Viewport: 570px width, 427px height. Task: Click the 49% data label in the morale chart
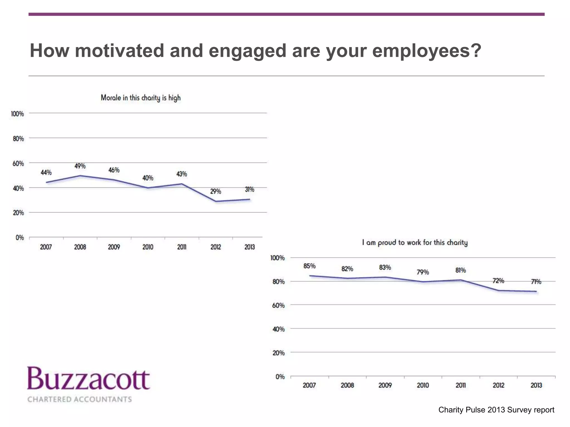80,166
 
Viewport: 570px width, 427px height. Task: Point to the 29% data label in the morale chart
215,192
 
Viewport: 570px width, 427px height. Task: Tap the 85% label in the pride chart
309,266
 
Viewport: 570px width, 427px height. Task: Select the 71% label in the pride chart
536,282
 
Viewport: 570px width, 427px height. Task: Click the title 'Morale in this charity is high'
141,98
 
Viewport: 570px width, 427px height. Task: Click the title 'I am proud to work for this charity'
415,243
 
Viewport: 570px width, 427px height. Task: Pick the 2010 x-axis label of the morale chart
148,247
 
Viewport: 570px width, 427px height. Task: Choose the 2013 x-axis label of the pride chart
536,385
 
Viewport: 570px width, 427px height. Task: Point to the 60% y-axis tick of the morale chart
18,163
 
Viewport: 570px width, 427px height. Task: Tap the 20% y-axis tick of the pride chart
279,353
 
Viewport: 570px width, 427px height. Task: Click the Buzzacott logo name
89,379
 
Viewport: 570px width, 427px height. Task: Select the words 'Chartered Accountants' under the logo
80,399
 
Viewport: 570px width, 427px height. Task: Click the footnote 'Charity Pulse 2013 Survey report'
496,410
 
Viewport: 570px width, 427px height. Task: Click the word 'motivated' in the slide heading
119,51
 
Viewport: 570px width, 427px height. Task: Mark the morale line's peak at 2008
80,176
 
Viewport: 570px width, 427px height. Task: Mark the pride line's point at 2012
498,291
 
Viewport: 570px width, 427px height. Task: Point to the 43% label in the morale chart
181,174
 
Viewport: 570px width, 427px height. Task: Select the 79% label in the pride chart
422,272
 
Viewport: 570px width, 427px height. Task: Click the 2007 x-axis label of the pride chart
309,385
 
